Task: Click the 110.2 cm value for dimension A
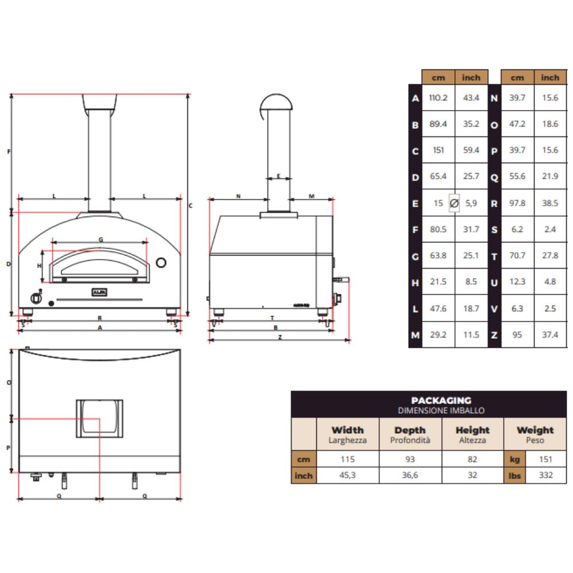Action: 438,98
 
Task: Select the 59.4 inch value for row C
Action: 471,151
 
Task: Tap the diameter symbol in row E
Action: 454,203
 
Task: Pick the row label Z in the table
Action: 494,335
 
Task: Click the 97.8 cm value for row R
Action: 517,203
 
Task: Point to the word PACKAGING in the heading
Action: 441,401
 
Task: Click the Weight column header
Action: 535,430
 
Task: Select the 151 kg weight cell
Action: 545,459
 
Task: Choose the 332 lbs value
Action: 545,475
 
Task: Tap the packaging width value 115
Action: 347,459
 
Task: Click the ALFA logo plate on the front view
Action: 99,292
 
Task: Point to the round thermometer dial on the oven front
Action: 162,262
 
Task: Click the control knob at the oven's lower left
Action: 36,297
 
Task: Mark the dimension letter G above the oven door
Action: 101,240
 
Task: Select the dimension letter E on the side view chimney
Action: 278,176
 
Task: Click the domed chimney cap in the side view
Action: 276,103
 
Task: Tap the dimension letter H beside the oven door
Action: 40,266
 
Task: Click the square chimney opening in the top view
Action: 99,417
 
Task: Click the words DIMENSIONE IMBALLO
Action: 441,410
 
